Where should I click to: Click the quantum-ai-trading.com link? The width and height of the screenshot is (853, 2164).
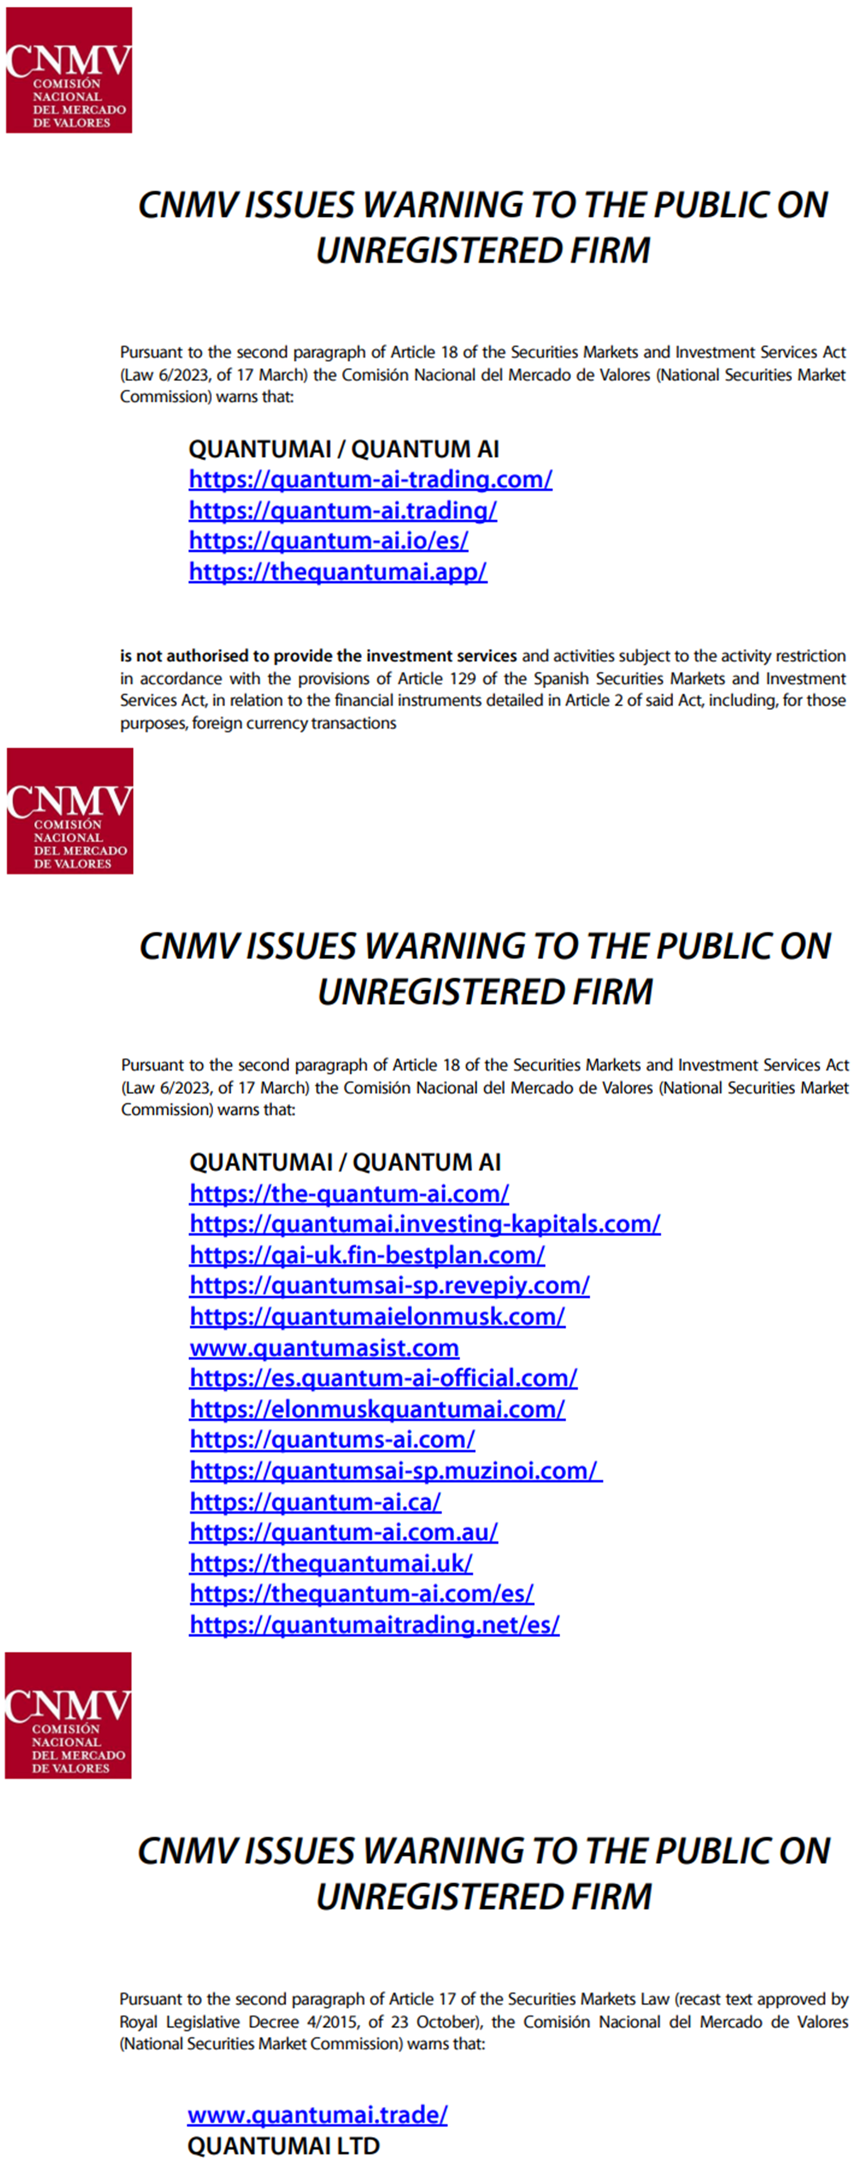pyautogui.click(x=370, y=480)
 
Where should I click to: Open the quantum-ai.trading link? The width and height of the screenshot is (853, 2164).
pyautogui.click(x=342, y=511)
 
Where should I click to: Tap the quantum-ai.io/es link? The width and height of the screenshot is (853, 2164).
pyautogui.click(x=328, y=541)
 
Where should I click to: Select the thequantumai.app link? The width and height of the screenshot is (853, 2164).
pyautogui.click(x=337, y=572)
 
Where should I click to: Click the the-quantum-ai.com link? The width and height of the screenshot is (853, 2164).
pyautogui.click(x=349, y=1194)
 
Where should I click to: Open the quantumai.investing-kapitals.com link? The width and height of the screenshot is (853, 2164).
pyautogui.click(x=424, y=1224)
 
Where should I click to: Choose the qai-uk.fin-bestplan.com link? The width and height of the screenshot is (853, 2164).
pyautogui.click(x=366, y=1255)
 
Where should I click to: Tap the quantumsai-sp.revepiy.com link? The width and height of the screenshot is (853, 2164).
pyautogui.click(x=389, y=1285)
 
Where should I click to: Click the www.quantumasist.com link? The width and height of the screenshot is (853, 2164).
pyautogui.click(x=324, y=1348)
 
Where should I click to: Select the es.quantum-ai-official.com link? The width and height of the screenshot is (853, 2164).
pyautogui.click(x=383, y=1379)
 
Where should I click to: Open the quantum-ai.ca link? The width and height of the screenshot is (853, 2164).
pyautogui.click(x=315, y=1502)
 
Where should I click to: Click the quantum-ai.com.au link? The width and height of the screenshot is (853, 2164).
pyautogui.click(x=343, y=1532)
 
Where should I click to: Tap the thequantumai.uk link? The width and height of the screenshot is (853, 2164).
pyautogui.click(x=330, y=1563)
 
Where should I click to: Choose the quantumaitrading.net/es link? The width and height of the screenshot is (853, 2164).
pyautogui.click(x=374, y=1625)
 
